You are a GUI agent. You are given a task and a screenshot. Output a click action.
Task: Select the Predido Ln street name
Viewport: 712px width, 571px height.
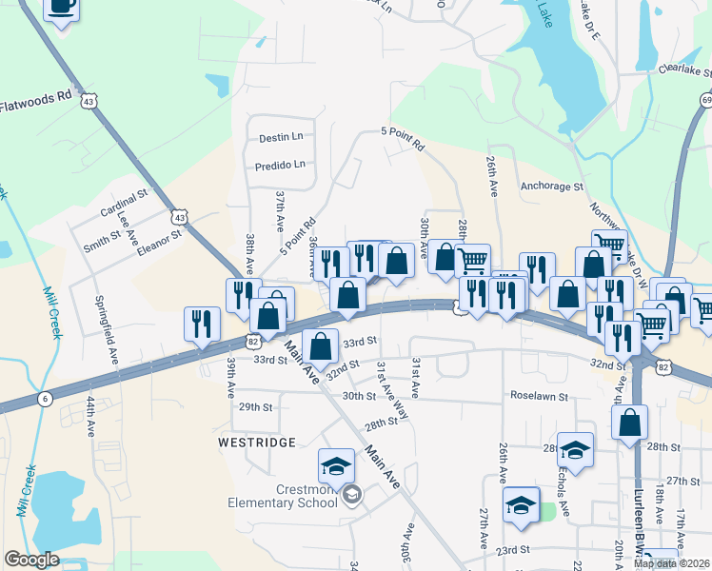coord(280,165)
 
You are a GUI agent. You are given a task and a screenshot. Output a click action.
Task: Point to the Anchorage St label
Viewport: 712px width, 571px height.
coord(551,187)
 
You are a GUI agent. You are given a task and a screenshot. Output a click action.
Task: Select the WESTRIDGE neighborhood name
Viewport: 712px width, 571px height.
coord(257,443)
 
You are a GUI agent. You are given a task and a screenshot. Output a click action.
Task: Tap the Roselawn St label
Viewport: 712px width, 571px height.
coord(539,395)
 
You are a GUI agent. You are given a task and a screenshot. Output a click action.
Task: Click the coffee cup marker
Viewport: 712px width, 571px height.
coord(61,9)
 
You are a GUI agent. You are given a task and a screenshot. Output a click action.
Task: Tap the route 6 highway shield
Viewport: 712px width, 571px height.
coord(45,399)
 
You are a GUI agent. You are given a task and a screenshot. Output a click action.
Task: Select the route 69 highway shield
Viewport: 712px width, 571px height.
coord(706,100)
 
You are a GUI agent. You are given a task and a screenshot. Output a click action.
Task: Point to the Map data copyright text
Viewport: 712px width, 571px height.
coord(671,563)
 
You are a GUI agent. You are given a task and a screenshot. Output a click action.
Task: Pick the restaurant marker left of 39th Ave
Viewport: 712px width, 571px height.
coord(202,324)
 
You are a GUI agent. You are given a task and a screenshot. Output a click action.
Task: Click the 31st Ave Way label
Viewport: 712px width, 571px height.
coord(392,391)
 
